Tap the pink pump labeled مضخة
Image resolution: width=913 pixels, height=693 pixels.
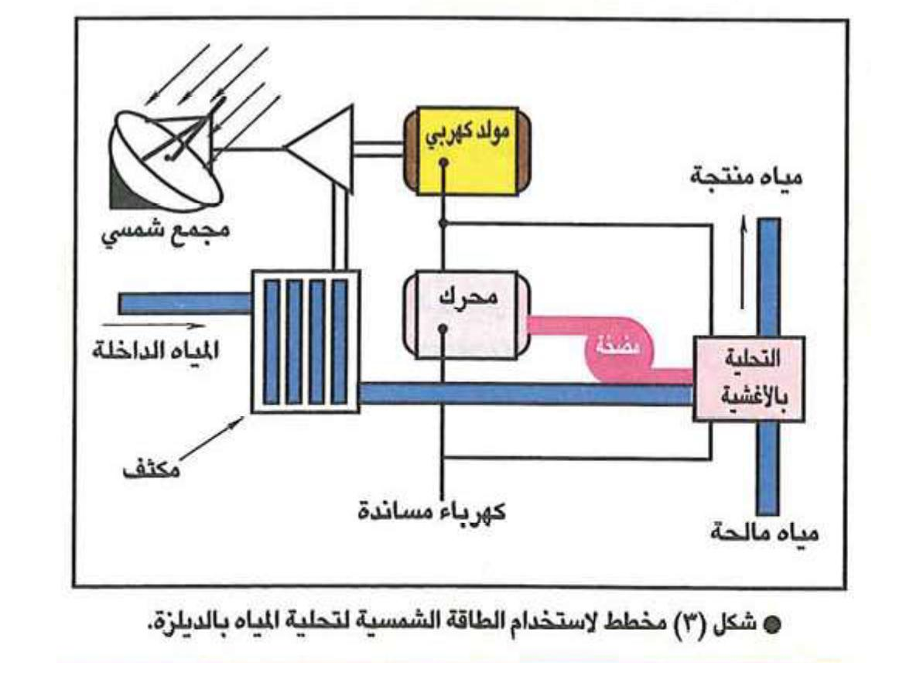click(x=619, y=350)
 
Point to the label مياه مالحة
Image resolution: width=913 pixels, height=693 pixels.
click(x=763, y=534)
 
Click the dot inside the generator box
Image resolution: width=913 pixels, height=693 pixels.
click(x=442, y=164)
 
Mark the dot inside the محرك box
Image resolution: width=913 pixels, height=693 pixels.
click(x=442, y=329)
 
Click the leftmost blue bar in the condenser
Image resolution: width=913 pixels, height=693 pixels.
click(x=272, y=340)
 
